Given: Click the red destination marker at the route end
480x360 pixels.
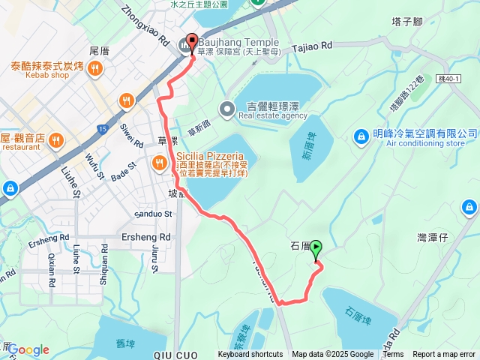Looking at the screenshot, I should pos(190,43).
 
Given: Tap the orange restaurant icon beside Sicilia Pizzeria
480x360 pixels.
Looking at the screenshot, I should pos(159,162).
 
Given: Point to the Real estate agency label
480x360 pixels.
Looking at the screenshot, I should pos(273,115).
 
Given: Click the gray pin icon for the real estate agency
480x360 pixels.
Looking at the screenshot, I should pos(226,111).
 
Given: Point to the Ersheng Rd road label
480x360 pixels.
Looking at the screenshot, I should pos(146,237).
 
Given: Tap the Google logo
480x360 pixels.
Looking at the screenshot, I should pos(28,349).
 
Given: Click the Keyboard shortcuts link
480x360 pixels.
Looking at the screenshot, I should pos(250,355).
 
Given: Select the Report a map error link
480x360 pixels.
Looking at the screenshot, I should pos(445,355).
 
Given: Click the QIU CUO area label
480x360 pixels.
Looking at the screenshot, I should pos(172,353).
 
